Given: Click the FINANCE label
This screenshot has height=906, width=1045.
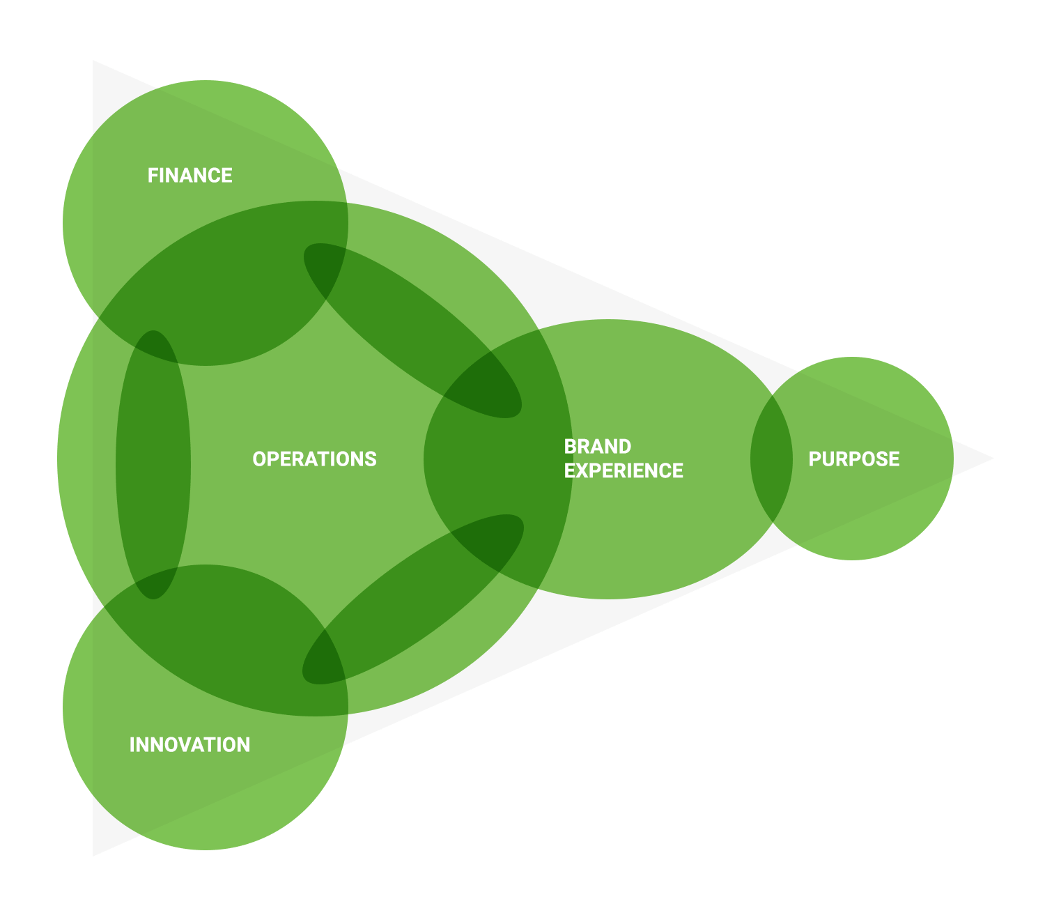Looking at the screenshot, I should coord(189,175).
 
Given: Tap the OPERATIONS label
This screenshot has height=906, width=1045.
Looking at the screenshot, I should coord(314,459).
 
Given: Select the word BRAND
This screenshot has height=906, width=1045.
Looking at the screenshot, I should coord(597,446).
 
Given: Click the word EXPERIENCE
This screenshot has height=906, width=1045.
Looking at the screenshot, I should coord(624,471).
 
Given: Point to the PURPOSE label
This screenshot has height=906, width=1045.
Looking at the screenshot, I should coord(854,459).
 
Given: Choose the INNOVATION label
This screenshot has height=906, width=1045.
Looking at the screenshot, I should coord(189,744).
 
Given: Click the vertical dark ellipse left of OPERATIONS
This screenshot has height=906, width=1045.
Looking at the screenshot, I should coord(153,464).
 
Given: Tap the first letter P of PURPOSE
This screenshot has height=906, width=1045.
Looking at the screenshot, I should coord(814,459).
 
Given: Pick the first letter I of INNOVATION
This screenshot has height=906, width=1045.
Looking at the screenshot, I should coord(132,744).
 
